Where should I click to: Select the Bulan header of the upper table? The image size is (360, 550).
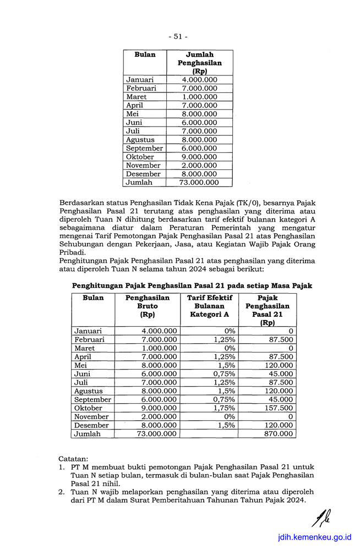pyautogui.click(x=145, y=55)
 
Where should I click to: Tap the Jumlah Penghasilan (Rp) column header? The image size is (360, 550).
pyautogui.click(x=199, y=63)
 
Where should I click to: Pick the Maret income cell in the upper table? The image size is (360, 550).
pyautogui.click(x=199, y=97)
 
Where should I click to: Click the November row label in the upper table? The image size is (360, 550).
pyautogui.click(x=143, y=166)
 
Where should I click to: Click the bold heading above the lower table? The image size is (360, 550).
pyautogui.click(x=192, y=285)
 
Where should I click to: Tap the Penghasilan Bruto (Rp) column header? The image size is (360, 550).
pyautogui.click(x=148, y=306)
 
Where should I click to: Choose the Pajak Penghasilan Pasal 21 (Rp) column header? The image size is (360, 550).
pyautogui.click(x=267, y=310)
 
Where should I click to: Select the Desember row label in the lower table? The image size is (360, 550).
pyautogui.click(x=92, y=425)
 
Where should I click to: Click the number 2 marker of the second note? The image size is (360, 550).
pyautogui.click(x=62, y=492)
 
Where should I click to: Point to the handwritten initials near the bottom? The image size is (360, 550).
pyautogui.click(x=321, y=517)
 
